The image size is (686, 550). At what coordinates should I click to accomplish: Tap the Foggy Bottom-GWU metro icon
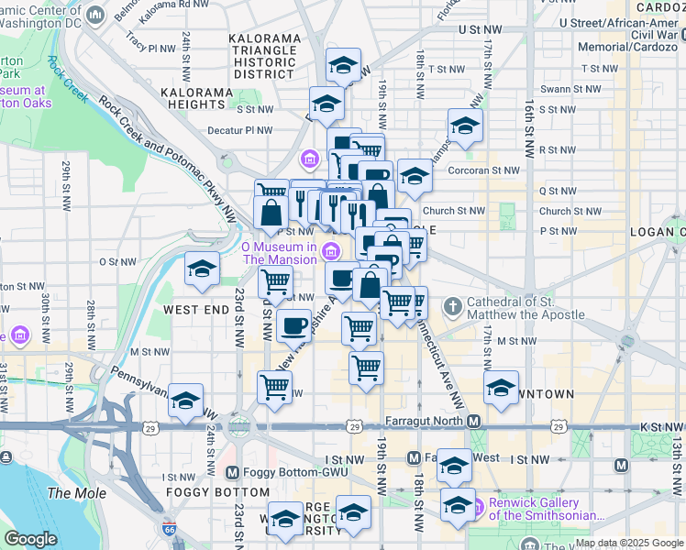pyautogui.click(x=232, y=473)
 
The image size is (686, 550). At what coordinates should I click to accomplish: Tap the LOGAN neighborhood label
pyautogui.click(x=657, y=232)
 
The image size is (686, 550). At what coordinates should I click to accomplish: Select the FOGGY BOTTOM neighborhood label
pyautogui.click(x=204, y=491)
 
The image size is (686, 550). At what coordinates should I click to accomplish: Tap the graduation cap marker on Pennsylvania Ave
pyautogui.click(x=186, y=401)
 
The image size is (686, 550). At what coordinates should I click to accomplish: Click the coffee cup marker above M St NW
pyautogui.click(x=293, y=324)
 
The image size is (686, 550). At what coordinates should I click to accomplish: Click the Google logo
pyautogui.click(x=30, y=538)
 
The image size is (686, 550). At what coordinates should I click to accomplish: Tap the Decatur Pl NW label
pyautogui.click(x=241, y=130)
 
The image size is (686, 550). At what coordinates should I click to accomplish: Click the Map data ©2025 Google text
pyautogui.click(x=628, y=543)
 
